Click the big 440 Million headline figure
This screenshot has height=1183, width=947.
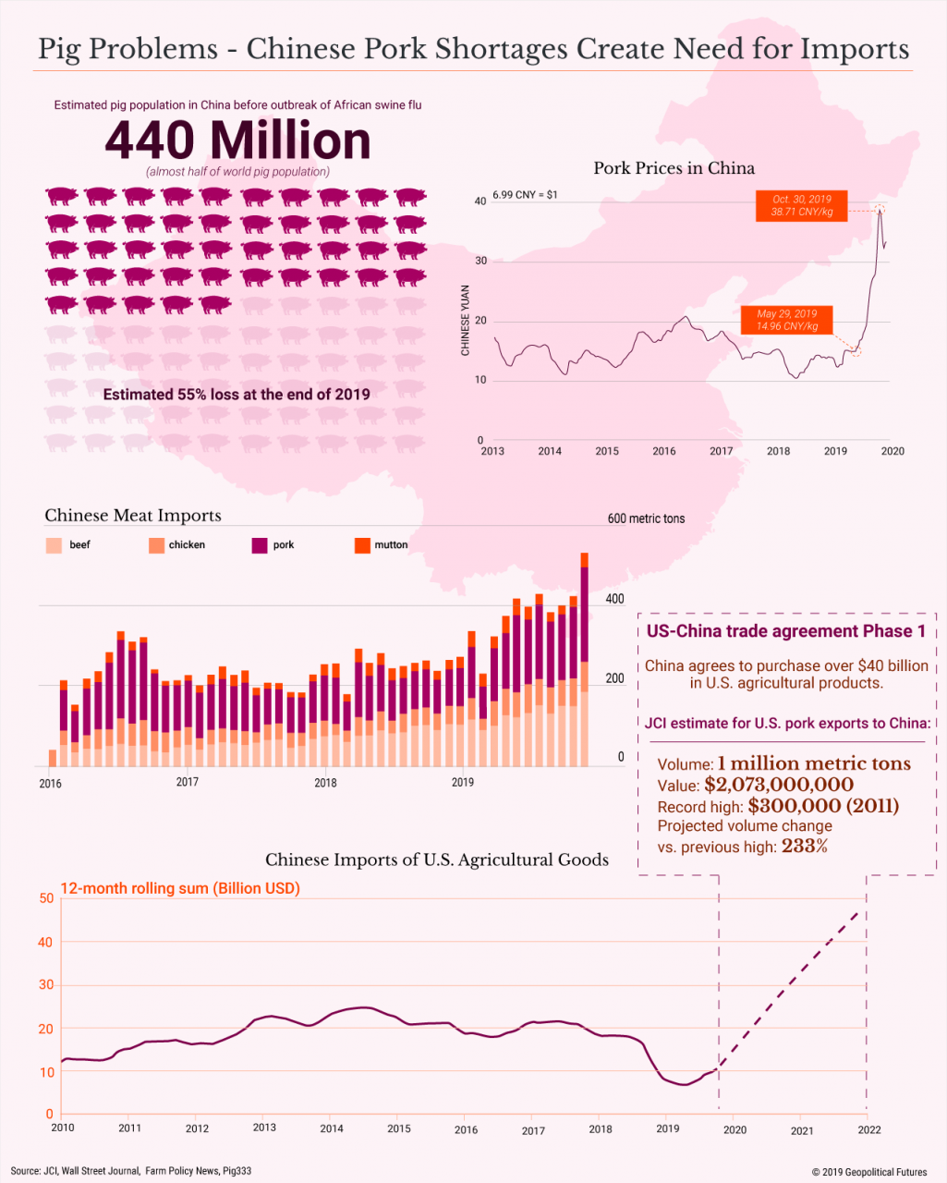pos(237,140)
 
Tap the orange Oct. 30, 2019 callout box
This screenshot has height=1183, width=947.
pos(800,205)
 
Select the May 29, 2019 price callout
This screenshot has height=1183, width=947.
pos(786,320)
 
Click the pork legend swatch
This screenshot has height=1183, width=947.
pos(260,545)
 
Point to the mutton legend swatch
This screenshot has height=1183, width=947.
pos(362,545)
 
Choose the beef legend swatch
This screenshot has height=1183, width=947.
pos(54,545)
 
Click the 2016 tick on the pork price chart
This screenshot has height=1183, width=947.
pos(663,451)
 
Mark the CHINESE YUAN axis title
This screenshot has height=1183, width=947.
pos(466,320)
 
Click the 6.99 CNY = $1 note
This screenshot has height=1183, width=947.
pos(525,195)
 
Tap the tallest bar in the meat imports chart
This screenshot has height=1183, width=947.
pos(584,660)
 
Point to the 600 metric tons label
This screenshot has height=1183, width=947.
pos(646,518)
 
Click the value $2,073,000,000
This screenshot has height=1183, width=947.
pos(779,786)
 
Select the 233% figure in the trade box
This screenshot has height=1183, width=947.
pos(805,846)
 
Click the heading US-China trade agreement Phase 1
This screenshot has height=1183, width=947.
pos(785,631)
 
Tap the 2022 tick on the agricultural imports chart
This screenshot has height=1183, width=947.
pos(868,1129)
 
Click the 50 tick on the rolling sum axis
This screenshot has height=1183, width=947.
pos(46,898)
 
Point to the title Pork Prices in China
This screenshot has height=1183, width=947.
pos(674,168)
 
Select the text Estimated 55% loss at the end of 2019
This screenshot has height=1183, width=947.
pos(237,395)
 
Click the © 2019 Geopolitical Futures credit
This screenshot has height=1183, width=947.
pos(868,1172)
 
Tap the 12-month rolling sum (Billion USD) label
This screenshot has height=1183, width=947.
pos(180,888)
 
